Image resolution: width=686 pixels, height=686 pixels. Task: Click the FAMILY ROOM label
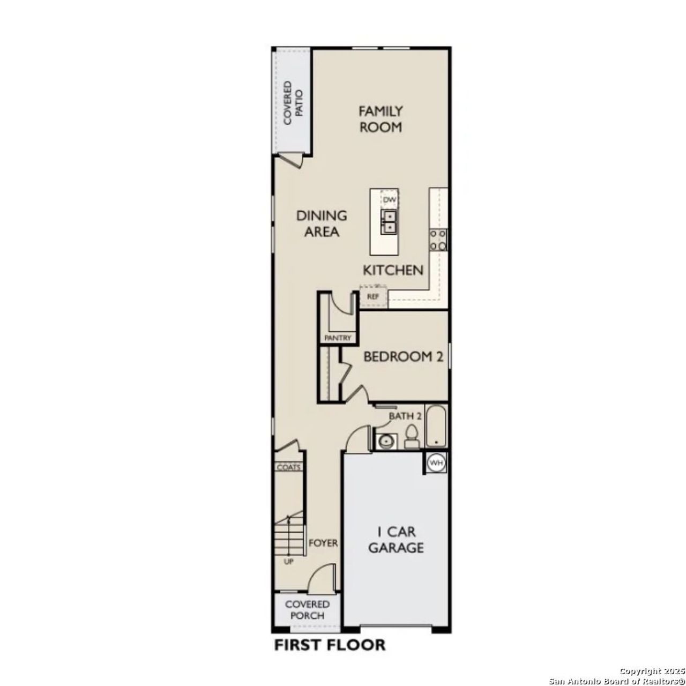[381, 119]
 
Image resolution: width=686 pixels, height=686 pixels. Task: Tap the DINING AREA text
[322, 223]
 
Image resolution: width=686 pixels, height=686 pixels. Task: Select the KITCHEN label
[393, 270]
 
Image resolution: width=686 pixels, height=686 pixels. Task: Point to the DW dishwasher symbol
[390, 200]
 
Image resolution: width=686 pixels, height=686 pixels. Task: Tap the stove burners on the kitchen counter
[438, 240]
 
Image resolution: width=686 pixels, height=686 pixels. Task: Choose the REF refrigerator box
[373, 296]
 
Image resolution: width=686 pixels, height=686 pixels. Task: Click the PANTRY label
[338, 338]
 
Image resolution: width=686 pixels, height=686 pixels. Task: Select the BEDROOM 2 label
[403, 357]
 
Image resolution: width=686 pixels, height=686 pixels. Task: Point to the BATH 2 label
[405, 416]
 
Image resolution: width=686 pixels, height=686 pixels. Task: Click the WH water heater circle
[437, 463]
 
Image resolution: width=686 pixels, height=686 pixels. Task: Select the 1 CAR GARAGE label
[396, 540]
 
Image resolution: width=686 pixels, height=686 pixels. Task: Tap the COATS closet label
[288, 467]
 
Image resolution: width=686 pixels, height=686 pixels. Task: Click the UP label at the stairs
[288, 562]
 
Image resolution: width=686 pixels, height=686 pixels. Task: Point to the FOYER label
[323, 543]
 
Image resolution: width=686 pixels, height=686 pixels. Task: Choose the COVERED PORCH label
[307, 610]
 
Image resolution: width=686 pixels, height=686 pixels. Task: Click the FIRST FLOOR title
[330, 645]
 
